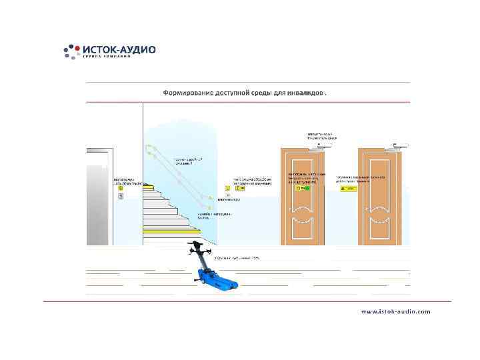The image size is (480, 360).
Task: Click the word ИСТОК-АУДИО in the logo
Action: pos(119,49)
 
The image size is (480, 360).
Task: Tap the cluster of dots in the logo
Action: pos(71,51)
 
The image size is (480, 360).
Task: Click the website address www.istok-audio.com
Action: pos(396,311)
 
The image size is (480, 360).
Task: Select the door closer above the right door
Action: pos(399,143)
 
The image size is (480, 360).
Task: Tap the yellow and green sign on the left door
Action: pos(304,189)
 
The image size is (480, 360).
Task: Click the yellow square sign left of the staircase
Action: pos(121,189)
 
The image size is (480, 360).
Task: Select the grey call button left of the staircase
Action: pos(121,197)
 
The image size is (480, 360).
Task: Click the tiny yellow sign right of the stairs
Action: pos(228,189)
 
